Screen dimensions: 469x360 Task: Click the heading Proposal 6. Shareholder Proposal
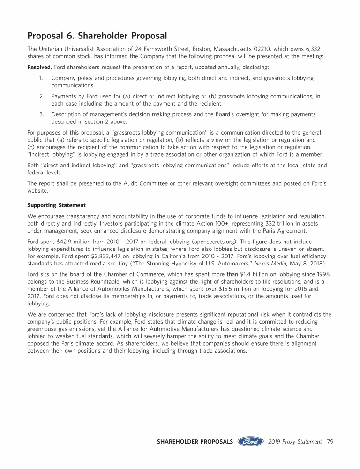coord(97,36)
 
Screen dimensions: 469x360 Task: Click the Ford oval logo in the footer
coord(251,442)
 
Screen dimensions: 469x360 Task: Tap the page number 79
coord(330,442)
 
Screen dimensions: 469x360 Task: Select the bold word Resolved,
coord(40,67)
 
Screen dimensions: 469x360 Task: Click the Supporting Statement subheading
coord(57,205)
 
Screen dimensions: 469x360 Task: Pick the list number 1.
coord(42,78)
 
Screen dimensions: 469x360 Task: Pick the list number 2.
coord(42,96)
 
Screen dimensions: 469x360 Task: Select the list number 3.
coord(42,114)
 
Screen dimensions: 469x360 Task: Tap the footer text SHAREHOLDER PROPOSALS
coord(195,442)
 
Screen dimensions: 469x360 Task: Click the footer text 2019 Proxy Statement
coord(295,442)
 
